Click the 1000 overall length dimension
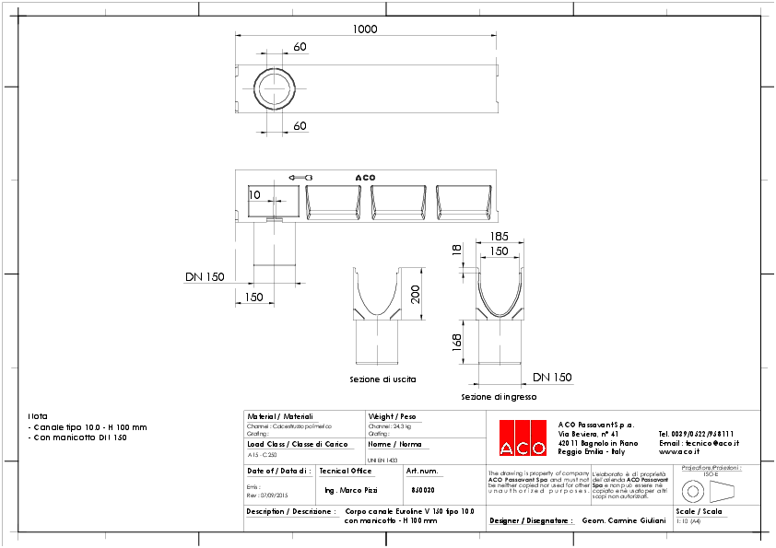pyautogui.click(x=365, y=29)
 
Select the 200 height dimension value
pyautogui.click(x=416, y=294)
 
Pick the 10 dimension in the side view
pyautogui.click(x=255, y=194)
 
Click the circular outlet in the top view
pyautogui.click(x=275, y=88)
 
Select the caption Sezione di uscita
pyautogui.click(x=382, y=379)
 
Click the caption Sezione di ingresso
pyautogui.click(x=499, y=397)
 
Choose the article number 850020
pyautogui.click(x=424, y=490)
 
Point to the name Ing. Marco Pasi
pyautogui.click(x=351, y=490)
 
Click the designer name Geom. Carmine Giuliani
pyautogui.click(x=624, y=520)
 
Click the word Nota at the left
pyautogui.click(x=38, y=415)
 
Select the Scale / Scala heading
pyautogui.click(x=699, y=510)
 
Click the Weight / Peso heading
pyautogui.click(x=392, y=416)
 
